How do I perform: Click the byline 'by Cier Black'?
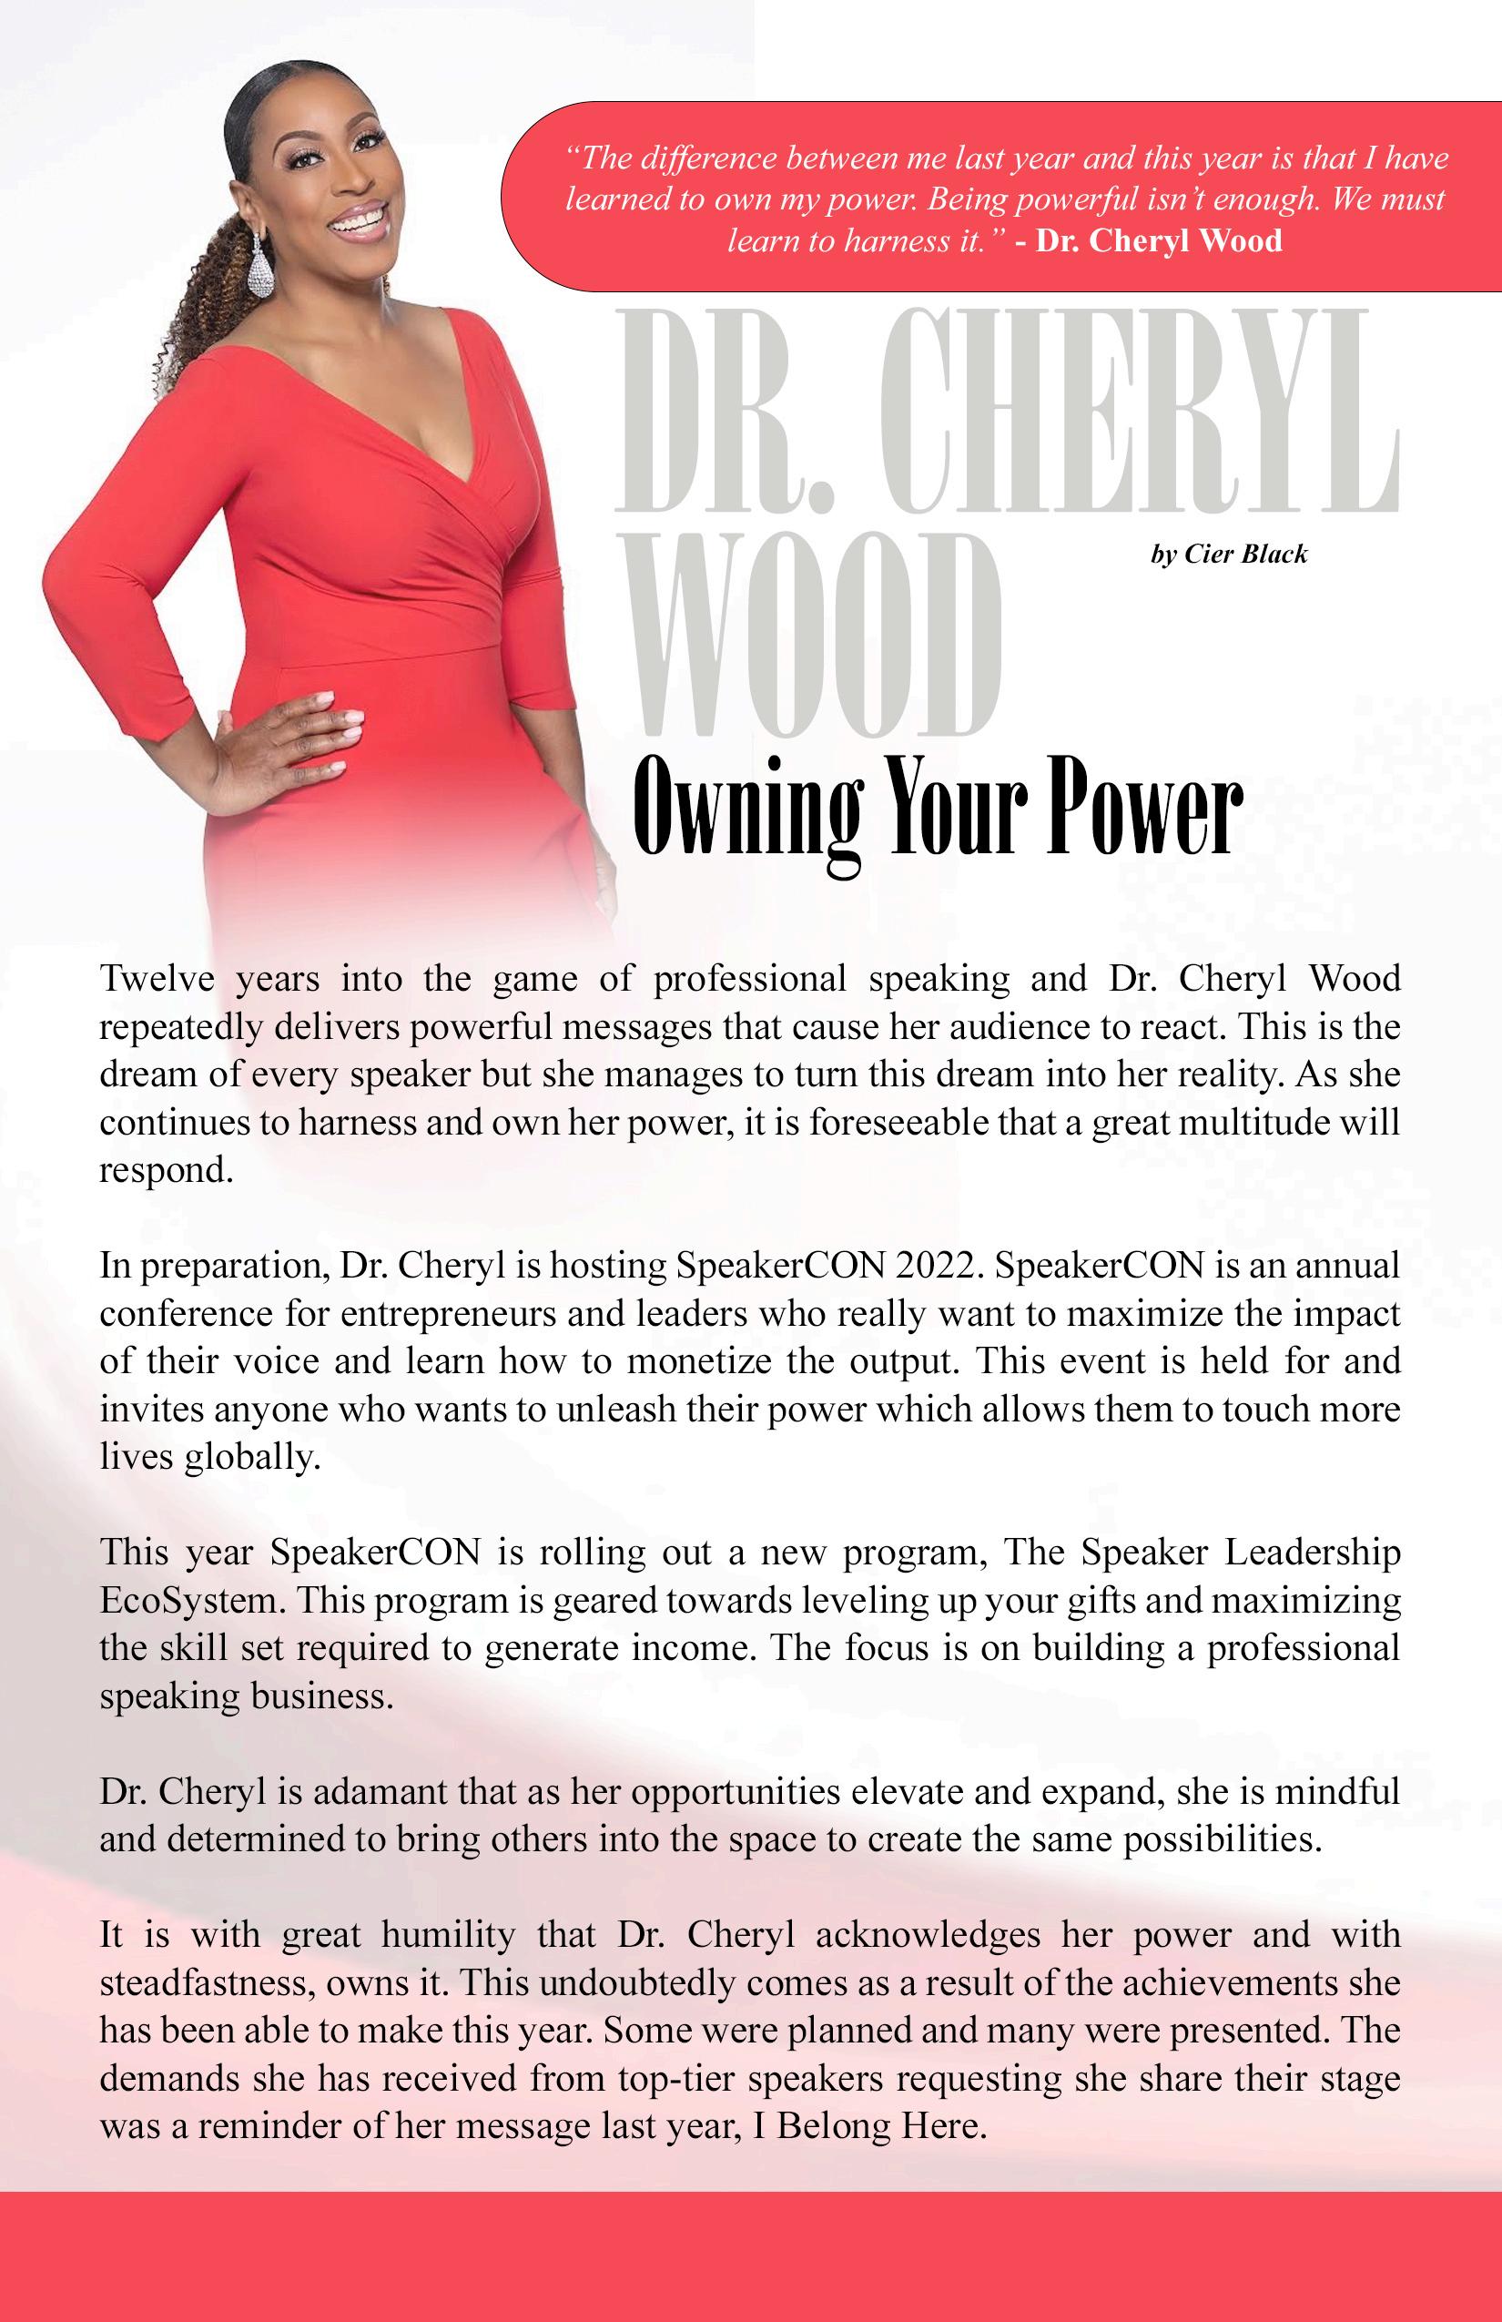click(x=1228, y=555)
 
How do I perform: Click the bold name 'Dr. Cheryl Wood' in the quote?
click(x=1159, y=240)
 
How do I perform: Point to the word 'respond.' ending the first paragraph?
click(x=167, y=1170)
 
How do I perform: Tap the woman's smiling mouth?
click(x=358, y=219)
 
